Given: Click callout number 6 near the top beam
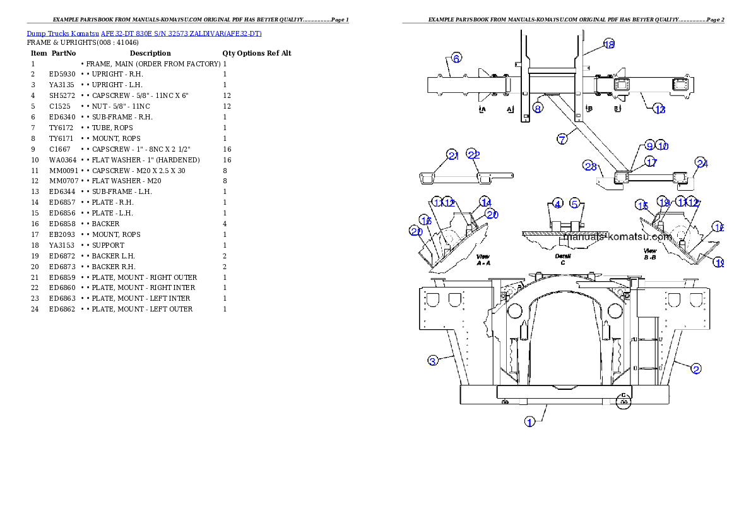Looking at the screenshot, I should [457, 57].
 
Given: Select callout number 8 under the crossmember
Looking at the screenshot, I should [538, 108].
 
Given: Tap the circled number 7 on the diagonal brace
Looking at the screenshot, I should [562, 139].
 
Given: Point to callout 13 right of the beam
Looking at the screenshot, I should [659, 109].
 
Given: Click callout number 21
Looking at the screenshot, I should [452, 155].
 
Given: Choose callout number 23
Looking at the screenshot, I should [590, 166].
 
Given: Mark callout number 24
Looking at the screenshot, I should [702, 163].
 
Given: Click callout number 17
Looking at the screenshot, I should [651, 162].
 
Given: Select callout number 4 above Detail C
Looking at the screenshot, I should [557, 203].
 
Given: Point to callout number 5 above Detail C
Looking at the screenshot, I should [575, 203].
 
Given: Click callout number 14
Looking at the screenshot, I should [485, 202].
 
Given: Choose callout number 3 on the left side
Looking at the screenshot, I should [432, 361].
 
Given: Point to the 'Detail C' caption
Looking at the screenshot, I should [562, 260].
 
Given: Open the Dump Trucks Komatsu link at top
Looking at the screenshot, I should [144, 33].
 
